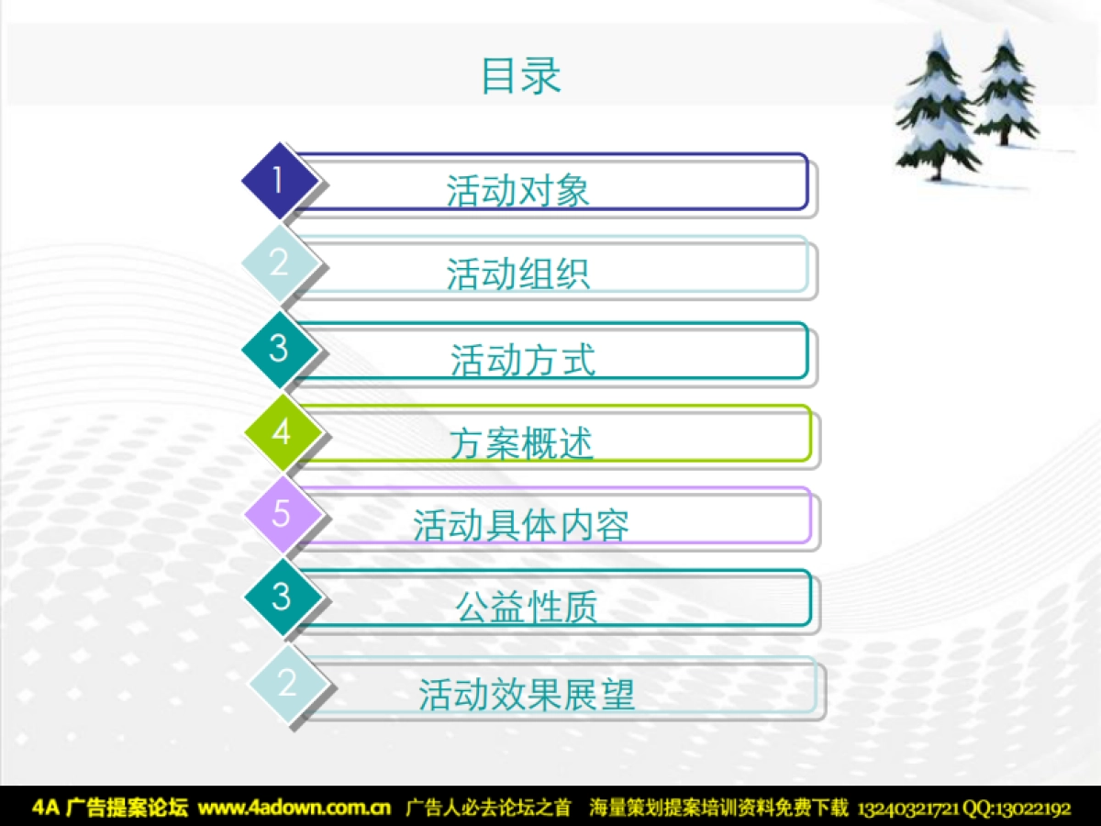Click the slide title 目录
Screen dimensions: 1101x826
(x=520, y=75)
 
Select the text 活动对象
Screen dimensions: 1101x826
(x=517, y=191)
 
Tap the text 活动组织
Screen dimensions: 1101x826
(x=517, y=273)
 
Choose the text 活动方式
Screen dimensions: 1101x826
(x=523, y=360)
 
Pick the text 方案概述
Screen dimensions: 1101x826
(x=522, y=443)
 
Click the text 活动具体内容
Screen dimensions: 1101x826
(x=520, y=526)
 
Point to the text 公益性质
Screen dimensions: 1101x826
(x=527, y=607)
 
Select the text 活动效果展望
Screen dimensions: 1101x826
(x=527, y=694)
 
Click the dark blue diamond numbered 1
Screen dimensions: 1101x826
(x=280, y=181)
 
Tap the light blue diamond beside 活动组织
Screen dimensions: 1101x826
(x=280, y=262)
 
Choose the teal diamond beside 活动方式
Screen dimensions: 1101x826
(x=280, y=349)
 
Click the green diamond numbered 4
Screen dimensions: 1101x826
(x=283, y=432)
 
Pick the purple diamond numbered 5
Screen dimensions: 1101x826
(x=283, y=514)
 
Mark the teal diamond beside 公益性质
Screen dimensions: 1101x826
(x=283, y=597)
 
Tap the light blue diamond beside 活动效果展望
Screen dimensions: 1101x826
(x=287, y=684)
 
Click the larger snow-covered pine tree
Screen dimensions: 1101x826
(x=936, y=107)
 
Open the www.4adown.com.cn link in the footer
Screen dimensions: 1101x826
(x=295, y=808)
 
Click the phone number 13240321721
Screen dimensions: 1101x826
(x=908, y=809)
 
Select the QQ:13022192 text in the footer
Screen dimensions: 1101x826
(x=1017, y=809)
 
